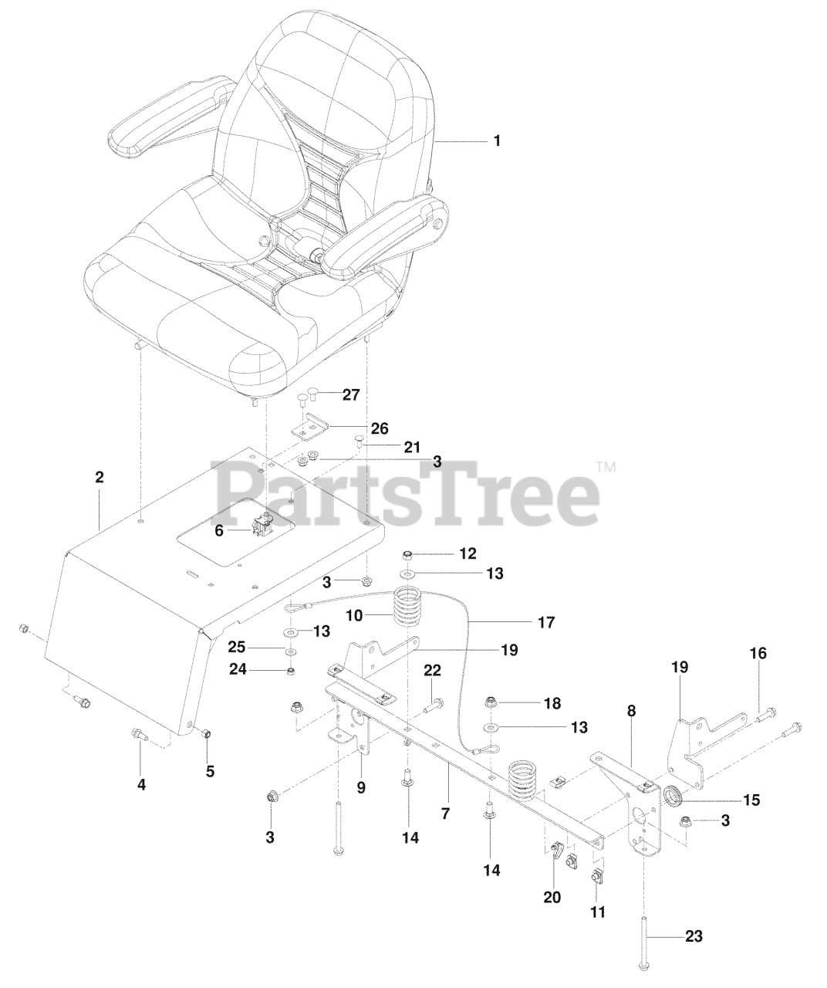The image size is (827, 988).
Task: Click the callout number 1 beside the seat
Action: click(497, 141)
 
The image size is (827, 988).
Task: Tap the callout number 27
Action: click(351, 394)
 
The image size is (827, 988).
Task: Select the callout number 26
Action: click(380, 428)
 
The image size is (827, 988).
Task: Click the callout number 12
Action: click(468, 553)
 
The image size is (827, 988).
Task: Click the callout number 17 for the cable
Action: click(546, 622)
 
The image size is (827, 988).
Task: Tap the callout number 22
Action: click(433, 670)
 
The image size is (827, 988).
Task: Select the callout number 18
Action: click(552, 703)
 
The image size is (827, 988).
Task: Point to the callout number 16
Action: click(758, 654)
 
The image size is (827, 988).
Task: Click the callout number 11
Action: click(598, 912)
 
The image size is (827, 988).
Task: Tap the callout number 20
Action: click(552, 897)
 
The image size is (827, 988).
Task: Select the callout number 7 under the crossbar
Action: click(445, 814)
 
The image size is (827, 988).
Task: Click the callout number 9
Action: click(361, 788)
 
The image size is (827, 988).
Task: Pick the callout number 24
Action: click(238, 669)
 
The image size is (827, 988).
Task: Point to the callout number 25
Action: click(238, 647)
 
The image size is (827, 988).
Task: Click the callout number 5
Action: click(210, 771)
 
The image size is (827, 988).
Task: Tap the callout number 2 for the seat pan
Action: click(99, 477)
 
